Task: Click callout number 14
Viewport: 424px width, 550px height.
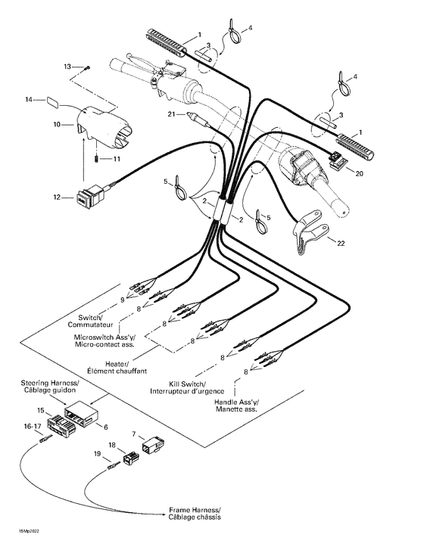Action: click(29, 100)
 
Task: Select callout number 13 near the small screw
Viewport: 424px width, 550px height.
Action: click(67, 67)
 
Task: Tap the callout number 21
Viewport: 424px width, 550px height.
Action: click(172, 114)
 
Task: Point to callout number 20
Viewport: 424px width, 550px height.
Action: click(359, 172)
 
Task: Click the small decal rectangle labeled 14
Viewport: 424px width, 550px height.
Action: click(51, 99)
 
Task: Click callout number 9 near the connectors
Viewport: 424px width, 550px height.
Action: click(123, 302)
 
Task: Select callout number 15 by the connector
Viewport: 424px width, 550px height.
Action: click(40, 411)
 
